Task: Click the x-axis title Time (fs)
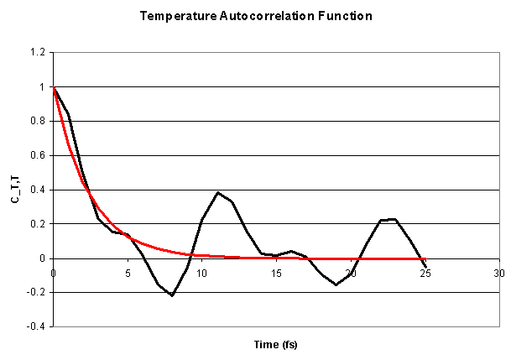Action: pyautogui.click(x=275, y=345)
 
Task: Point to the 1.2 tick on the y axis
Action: pyautogui.click(x=39, y=52)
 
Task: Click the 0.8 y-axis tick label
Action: pyautogui.click(x=39, y=121)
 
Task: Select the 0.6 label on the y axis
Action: pyautogui.click(x=39, y=155)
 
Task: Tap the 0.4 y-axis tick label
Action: pyautogui.click(x=39, y=190)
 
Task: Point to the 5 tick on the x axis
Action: pyautogui.click(x=128, y=272)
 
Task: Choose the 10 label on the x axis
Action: pyautogui.click(x=202, y=272)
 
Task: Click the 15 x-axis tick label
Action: pyautogui.click(x=276, y=272)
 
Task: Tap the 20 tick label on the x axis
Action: pyautogui.click(x=351, y=272)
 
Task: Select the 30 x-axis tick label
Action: pyautogui.click(x=499, y=272)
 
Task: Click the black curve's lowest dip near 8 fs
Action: pyautogui.click(x=172, y=295)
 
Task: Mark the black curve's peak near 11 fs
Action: pyautogui.click(x=217, y=193)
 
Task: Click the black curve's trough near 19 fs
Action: pyautogui.click(x=336, y=284)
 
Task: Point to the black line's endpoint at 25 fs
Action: pyautogui.click(x=425, y=267)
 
